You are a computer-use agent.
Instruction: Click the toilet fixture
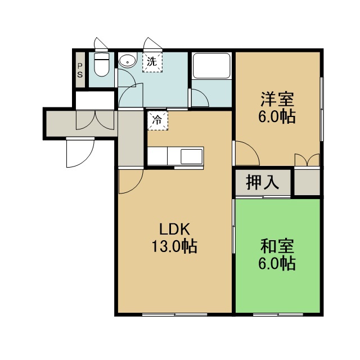pyautogui.click(x=102, y=65)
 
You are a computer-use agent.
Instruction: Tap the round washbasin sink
pyautogui.click(x=128, y=60)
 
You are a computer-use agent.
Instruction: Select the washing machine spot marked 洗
pyautogui.click(x=152, y=62)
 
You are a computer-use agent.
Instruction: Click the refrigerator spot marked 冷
pyautogui.click(x=157, y=120)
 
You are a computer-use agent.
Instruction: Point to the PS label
pyautogui.click(x=80, y=70)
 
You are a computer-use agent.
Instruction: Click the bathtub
pyautogui.click(x=211, y=66)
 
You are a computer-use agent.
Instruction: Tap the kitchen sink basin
pyautogui.click(x=191, y=156)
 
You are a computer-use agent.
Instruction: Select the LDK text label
pyautogui.click(x=174, y=229)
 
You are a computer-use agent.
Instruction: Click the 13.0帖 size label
pyautogui.click(x=174, y=246)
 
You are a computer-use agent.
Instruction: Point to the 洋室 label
pyautogui.click(x=277, y=100)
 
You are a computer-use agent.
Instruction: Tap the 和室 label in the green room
pyautogui.click(x=277, y=246)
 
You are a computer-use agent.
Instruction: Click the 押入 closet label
pyautogui.click(x=263, y=183)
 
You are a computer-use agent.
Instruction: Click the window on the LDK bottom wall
pyautogui.click(x=175, y=314)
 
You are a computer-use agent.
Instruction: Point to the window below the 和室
pyautogui.click(x=278, y=314)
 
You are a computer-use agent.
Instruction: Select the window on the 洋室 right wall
pyautogui.click(x=322, y=109)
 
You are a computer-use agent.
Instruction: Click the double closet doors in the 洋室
pyautogui.click(x=307, y=160)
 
